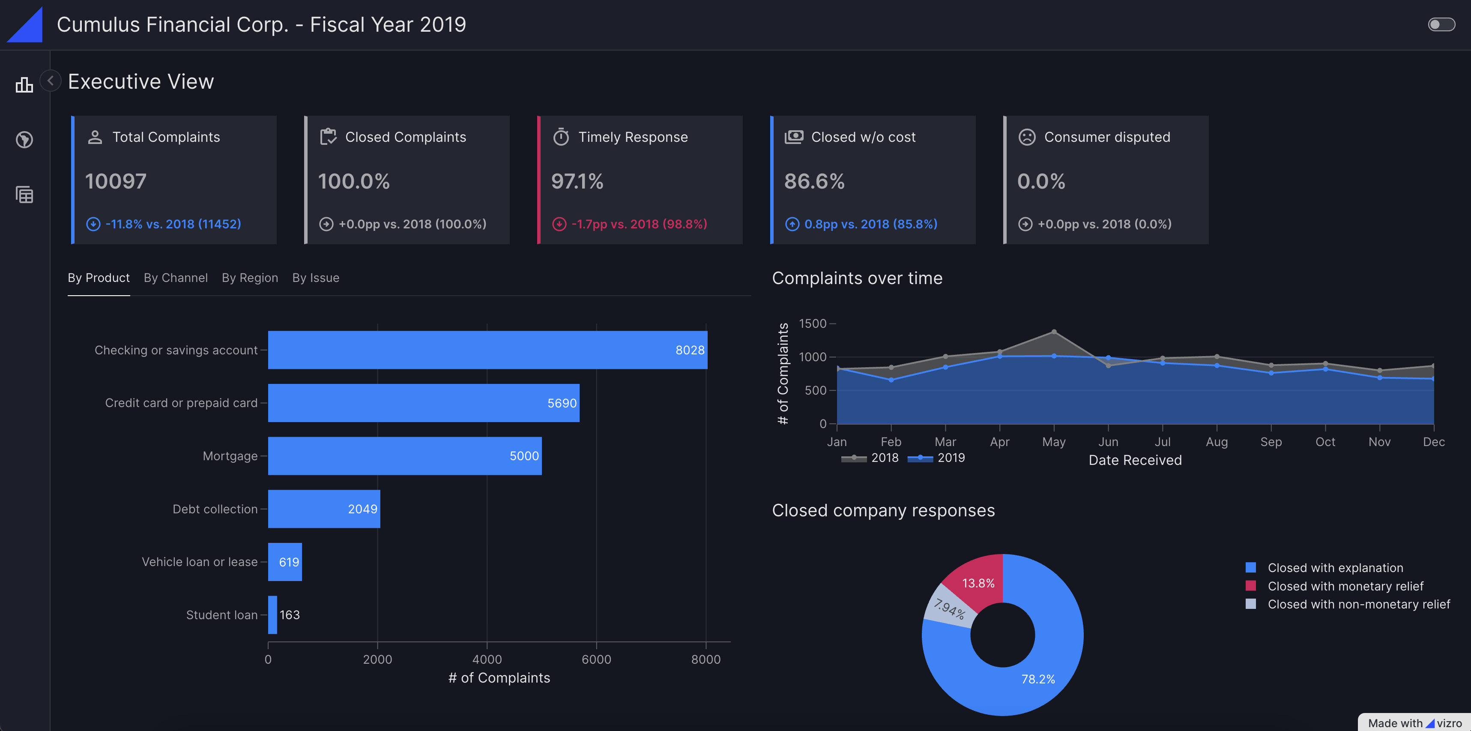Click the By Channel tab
[175, 278]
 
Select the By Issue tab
[315, 278]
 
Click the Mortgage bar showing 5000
[404, 456]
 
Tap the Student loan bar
[272, 615]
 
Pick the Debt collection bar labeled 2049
[323, 509]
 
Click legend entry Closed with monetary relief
[1345, 586]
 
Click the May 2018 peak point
[1054, 332]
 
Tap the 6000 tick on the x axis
[596, 659]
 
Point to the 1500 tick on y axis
[812, 324]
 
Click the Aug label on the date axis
[1216, 442]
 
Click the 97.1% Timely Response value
[577, 182]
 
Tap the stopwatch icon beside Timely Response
[561, 137]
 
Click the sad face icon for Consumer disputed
[1027, 137]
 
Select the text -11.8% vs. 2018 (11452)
[173, 224]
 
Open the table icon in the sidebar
[24, 195]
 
